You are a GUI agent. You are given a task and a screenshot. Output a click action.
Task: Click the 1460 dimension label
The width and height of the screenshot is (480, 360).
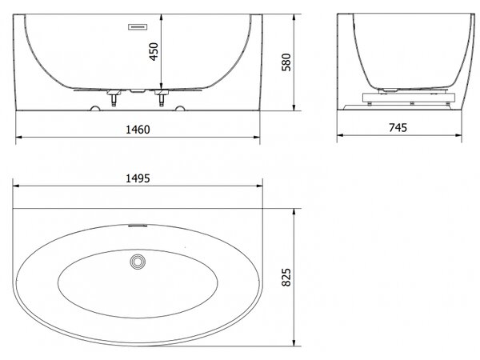[138, 130]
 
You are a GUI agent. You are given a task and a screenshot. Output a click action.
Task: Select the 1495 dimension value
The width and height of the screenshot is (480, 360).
[138, 178]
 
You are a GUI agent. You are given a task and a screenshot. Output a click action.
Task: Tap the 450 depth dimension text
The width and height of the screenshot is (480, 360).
[154, 51]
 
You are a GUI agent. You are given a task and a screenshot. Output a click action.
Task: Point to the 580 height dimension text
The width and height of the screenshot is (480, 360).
[286, 62]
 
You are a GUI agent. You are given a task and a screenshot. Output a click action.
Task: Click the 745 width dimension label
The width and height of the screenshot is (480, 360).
[398, 127]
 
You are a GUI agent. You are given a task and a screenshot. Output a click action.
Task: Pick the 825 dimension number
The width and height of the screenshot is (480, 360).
[286, 278]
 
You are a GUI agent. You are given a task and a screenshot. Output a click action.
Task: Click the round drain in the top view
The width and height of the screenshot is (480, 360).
[138, 262]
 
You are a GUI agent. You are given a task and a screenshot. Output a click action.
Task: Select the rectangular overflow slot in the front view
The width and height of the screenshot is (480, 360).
[138, 27]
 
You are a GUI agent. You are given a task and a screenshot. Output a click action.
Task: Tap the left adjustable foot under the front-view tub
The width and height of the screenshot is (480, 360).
[114, 98]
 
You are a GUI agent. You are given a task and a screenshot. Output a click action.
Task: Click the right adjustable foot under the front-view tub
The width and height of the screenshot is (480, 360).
[162, 98]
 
